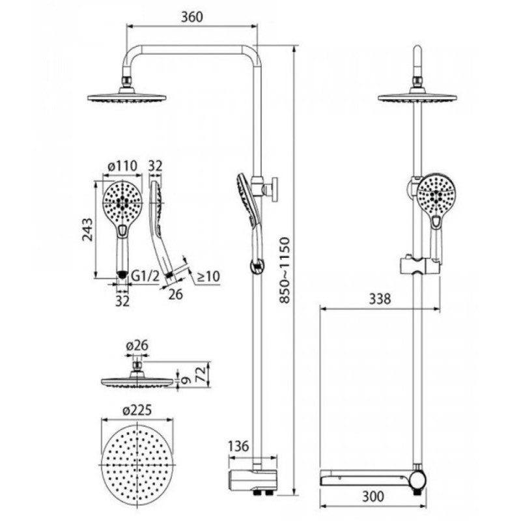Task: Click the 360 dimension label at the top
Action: point(191,17)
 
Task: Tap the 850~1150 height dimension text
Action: point(285,270)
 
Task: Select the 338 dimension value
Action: point(380,299)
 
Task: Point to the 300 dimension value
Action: point(373,496)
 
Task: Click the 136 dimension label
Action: point(238,445)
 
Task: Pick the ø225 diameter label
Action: point(137,410)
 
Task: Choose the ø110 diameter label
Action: point(122,165)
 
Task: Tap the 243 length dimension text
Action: point(88,229)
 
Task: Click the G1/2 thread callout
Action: point(145,275)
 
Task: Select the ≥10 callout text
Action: point(208,275)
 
